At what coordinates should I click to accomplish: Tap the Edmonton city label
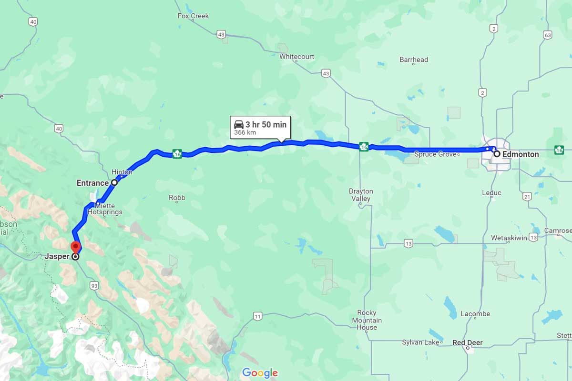coord(521,154)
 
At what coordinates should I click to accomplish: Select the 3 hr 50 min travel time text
coord(266,125)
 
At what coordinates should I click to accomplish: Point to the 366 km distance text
coord(245,132)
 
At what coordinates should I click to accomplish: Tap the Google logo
coord(260,372)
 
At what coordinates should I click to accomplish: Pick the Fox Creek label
coord(193,16)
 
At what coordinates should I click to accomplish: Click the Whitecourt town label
coord(296,56)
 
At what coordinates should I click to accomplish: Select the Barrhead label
coord(414,60)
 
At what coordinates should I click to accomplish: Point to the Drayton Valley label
coord(361,195)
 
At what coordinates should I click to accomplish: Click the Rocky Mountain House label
coord(367,320)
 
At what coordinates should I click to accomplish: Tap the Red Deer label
coord(467,342)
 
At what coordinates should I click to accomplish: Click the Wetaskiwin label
coord(509,238)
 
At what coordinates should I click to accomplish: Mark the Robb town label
coord(177,197)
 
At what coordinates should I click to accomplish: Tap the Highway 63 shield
coord(547,35)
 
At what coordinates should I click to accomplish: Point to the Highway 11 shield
coord(258,316)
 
